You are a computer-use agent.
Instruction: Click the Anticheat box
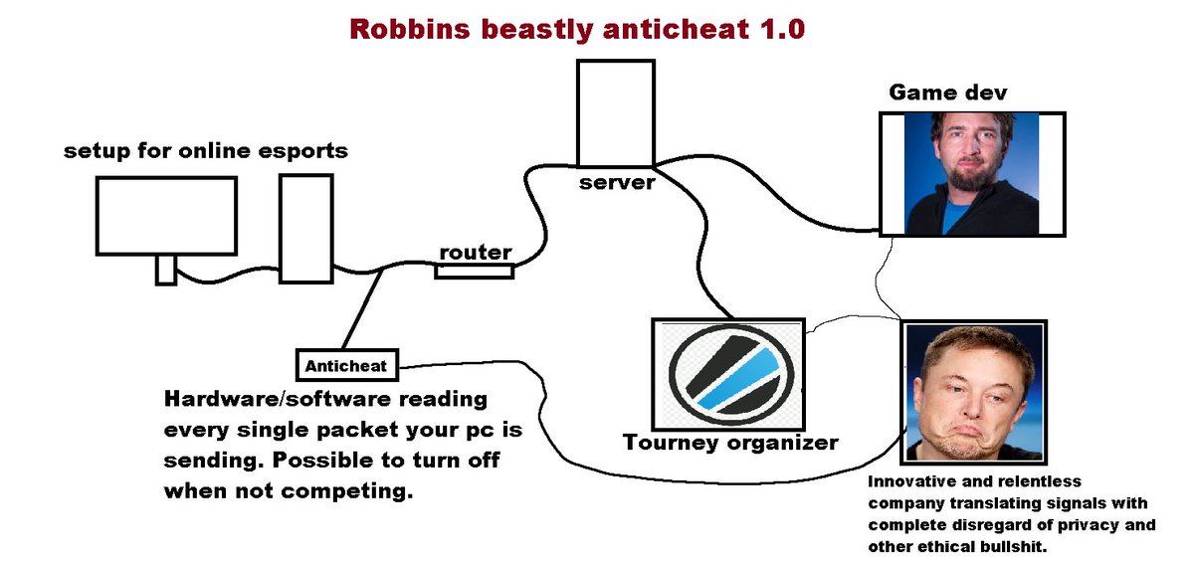point(347,365)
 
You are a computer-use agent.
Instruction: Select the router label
point(476,253)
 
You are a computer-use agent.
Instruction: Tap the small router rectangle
point(475,271)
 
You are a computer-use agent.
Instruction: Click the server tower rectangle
point(616,112)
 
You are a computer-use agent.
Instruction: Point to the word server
point(617,182)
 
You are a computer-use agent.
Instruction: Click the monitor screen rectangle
point(166,215)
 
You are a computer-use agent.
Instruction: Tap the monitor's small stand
point(165,270)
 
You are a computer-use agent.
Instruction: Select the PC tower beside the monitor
point(303,229)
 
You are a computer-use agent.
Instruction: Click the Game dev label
point(947,93)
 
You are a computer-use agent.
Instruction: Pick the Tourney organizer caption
point(730,442)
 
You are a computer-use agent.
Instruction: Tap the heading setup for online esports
point(206,151)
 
